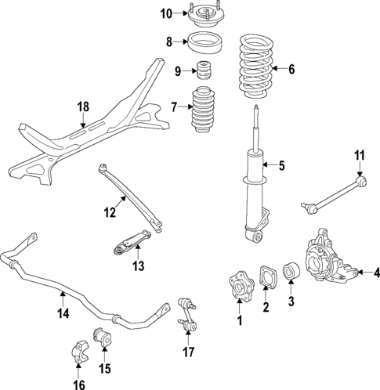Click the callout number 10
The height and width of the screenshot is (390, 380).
pyautogui.click(x=165, y=13)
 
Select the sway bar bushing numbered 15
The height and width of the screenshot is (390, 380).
pyautogui.click(x=103, y=337)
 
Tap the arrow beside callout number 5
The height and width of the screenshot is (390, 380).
pyautogui.click(x=270, y=164)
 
